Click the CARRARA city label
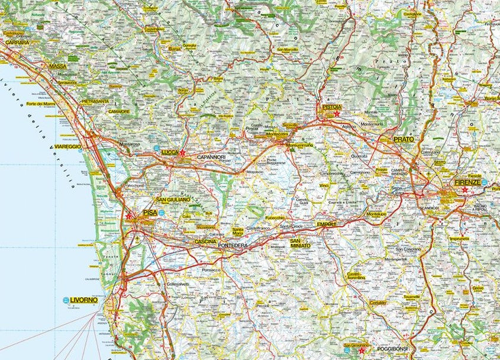(17, 43)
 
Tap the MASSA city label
(58, 66)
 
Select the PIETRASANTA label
(95, 101)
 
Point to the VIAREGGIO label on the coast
(67, 146)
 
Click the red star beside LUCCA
(183, 153)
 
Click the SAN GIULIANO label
(173, 200)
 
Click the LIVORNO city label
(83, 300)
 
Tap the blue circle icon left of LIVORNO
(66, 300)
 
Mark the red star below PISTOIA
(337, 114)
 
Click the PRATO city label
(404, 139)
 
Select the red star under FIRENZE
(465, 190)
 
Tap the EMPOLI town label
(326, 224)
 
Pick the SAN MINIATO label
(300, 243)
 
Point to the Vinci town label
(324, 186)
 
